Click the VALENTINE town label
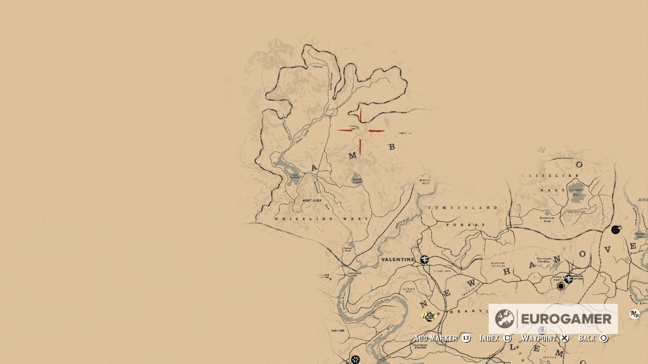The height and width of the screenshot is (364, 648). click(x=397, y=260)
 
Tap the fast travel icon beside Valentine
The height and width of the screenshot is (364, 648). click(x=424, y=259)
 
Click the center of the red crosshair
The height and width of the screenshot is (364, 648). click(x=360, y=131)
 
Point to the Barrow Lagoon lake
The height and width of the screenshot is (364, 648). click(x=356, y=178)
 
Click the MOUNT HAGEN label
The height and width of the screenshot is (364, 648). click(x=312, y=200)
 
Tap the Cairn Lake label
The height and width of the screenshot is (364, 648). click(x=353, y=128)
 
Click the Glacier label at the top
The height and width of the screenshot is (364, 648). click(x=318, y=66)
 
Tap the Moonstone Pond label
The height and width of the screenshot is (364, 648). click(x=547, y=219)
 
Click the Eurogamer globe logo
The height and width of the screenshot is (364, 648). click(x=504, y=319)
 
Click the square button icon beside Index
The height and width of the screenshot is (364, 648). click(x=508, y=338)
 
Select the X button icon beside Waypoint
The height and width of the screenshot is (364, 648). click(x=565, y=338)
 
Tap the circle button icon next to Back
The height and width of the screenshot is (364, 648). click(x=604, y=338)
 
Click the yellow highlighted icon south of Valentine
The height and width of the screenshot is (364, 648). click(x=429, y=316)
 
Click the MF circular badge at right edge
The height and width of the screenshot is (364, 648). click(x=634, y=315)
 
